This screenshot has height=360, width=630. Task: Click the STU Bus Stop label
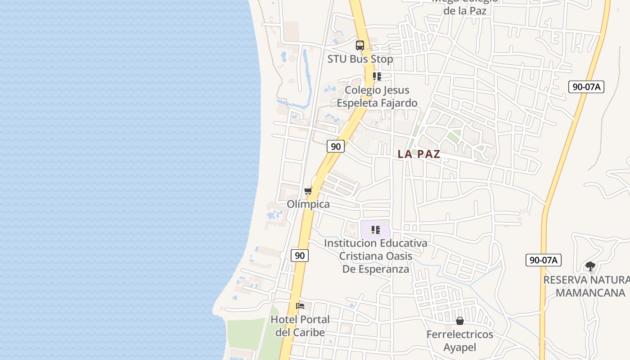click(360, 59)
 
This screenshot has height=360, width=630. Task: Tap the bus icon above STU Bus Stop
click(360, 45)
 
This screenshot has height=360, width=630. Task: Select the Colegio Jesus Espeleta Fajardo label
click(377, 96)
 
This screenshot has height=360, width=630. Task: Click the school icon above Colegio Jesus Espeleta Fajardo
click(377, 76)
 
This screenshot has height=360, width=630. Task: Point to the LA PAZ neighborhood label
click(419, 154)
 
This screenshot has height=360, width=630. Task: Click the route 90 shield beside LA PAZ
click(336, 146)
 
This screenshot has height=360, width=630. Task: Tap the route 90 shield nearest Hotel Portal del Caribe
click(300, 256)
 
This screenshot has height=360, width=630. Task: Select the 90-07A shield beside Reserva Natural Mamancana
click(543, 260)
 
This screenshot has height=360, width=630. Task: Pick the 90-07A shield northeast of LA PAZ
click(586, 87)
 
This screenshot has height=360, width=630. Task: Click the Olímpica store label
click(308, 204)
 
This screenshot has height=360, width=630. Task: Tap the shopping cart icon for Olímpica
click(308, 191)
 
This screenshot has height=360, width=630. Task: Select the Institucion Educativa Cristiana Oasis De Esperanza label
click(376, 256)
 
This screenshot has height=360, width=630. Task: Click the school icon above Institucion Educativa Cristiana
click(376, 230)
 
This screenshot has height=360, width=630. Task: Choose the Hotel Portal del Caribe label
click(300, 326)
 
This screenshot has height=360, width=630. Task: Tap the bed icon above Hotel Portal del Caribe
click(300, 306)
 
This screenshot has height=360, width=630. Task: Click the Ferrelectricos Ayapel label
click(460, 341)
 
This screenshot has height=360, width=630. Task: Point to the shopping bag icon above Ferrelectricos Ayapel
click(460, 321)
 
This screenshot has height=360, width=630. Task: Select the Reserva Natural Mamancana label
click(587, 286)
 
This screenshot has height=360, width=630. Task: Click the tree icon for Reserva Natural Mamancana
click(590, 266)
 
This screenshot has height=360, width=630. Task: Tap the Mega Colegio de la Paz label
click(465, 6)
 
